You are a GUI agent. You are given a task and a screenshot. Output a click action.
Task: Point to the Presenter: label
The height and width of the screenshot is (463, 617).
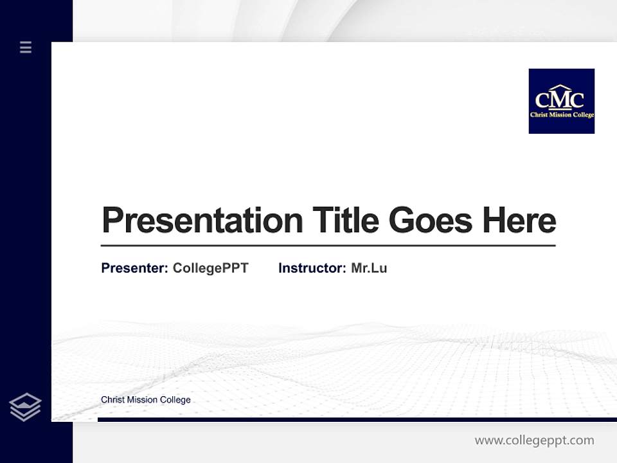point(134,268)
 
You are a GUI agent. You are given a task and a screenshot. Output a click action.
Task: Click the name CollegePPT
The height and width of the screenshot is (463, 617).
point(210,268)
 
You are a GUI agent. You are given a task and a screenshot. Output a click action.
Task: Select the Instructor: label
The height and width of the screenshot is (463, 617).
point(312,268)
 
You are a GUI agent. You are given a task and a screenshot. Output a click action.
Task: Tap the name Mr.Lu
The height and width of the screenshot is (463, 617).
point(369,268)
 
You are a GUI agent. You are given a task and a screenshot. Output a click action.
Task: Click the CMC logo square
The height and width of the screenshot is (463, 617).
point(561,101)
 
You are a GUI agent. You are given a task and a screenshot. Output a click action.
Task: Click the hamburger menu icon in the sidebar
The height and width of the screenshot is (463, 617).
point(26,47)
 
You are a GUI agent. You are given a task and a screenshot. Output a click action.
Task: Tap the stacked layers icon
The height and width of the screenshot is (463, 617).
point(25,407)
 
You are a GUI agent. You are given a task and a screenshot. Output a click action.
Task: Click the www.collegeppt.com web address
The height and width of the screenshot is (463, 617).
point(534,440)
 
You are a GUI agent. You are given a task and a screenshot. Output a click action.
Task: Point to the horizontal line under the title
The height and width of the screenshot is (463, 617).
point(328,246)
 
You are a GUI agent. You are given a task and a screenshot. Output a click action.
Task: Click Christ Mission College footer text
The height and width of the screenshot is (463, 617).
point(146,400)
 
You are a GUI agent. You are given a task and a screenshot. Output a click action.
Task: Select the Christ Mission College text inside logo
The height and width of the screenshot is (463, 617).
point(561,115)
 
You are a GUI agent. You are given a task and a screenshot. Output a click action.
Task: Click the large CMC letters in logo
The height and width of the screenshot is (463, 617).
point(560,100)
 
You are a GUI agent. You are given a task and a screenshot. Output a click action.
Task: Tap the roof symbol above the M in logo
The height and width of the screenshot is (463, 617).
point(560,87)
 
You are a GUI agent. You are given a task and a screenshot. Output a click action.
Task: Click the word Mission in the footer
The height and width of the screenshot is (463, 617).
point(142,400)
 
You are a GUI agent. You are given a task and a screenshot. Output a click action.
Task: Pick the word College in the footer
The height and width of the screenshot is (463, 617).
point(175,400)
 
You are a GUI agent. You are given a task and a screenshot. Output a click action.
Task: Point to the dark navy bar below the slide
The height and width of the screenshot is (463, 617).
point(357,419)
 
